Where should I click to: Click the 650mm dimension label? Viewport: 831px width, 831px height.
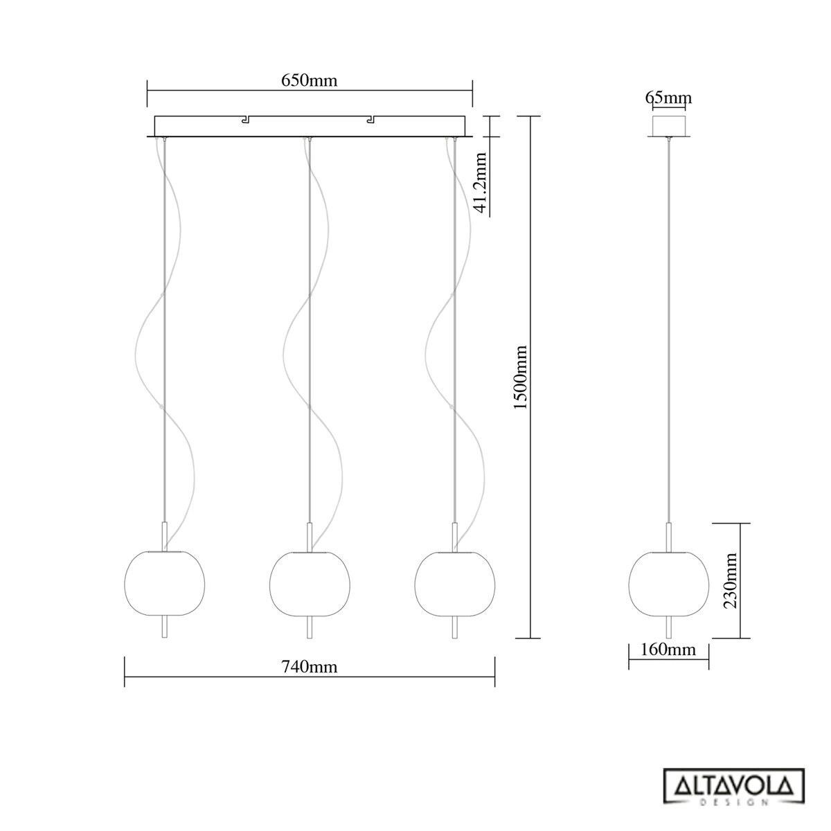[309, 80]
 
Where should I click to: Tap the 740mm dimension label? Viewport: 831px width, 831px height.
[309, 667]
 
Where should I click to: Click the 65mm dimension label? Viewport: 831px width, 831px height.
[668, 98]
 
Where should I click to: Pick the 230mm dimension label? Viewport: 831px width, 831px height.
[730, 580]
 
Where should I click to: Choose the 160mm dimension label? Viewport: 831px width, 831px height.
[668, 650]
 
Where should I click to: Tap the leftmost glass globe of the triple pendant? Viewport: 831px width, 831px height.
[163, 584]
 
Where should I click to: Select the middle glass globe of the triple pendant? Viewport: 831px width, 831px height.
[309, 584]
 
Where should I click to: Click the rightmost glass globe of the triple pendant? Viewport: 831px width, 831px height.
[454, 584]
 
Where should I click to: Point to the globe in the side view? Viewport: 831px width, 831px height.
[668, 584]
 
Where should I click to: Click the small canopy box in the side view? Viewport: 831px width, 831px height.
[668, 126]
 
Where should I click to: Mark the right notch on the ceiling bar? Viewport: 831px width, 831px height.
[372, 120]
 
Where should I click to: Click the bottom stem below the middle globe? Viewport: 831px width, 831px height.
[309, 627]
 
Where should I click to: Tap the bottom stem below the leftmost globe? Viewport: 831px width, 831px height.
[163, 627]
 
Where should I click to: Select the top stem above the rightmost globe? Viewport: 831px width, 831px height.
[454, 537]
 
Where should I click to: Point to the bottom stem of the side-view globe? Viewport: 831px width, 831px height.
[668, 627]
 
